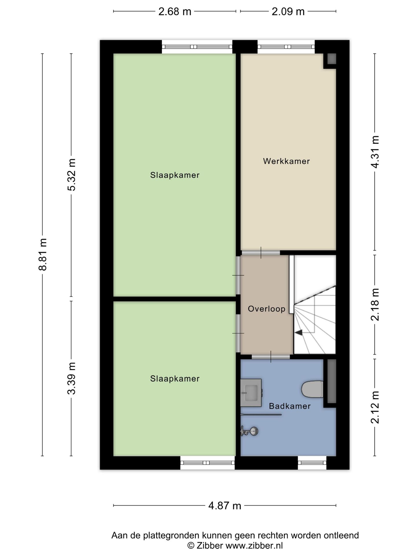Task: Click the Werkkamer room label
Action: tap(286, 161)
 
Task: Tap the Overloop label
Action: tap(267, 309)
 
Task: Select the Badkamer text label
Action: tap(290, 406)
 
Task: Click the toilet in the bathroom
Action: tap(312, 389)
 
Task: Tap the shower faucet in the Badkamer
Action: tap(249, 431)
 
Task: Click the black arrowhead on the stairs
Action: tap(299, 332)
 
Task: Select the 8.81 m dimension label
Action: tap(43, 255)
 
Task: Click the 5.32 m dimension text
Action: tap(71, 175)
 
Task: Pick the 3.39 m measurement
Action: tap(71, 378)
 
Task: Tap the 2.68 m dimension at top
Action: tap(175, 12)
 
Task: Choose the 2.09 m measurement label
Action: tap(288, 12)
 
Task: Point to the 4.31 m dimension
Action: tap(375, 152)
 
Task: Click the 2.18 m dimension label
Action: tap(375, 304)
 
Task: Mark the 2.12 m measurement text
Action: tap(375, 407)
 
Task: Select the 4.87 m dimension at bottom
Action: tap(225, 506)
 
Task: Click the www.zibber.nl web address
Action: tap(254, 546)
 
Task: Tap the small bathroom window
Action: tap(312, 463)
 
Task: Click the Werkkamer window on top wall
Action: tap(286, 47)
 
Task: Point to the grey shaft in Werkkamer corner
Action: tap(332, 59)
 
